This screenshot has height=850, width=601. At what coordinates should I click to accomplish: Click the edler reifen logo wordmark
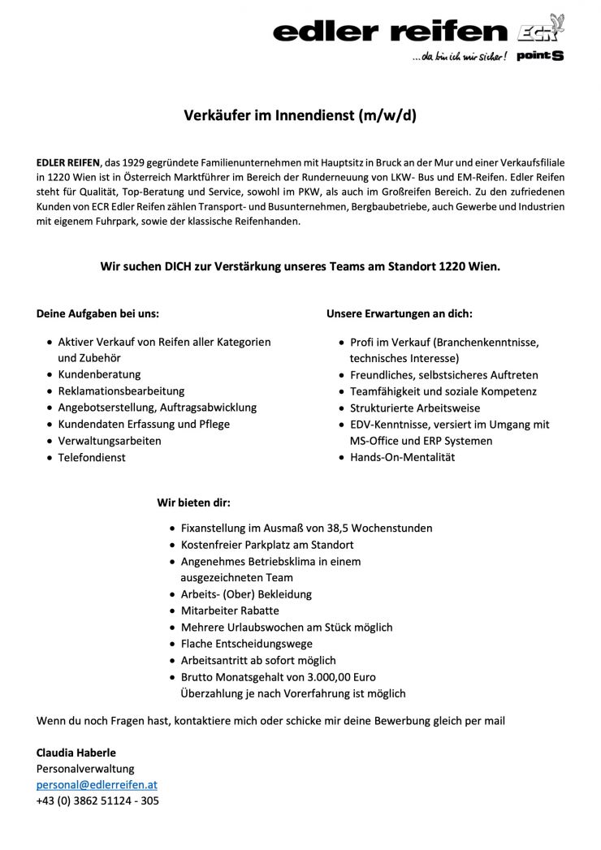(x=390, y=32)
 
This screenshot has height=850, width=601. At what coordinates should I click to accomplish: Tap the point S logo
(x=540, y=56)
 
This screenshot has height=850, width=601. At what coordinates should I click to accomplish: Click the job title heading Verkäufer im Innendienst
(x=300, y=115)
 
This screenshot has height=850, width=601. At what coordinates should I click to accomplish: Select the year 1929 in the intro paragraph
(x=141, y=162)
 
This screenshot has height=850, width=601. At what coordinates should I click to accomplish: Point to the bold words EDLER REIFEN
(x=67, y=162)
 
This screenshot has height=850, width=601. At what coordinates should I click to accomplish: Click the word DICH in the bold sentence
(x=182, y=265)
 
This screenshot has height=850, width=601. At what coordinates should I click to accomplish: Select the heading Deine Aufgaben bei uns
(x=98, y=313)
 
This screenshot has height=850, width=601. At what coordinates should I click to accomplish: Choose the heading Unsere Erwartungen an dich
(x=399, y=313)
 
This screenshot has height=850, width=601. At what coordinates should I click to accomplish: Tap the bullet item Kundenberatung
(x=99, y=374)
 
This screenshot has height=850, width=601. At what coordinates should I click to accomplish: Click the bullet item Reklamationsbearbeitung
(x=121, y=391)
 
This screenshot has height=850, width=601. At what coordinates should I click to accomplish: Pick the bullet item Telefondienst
(x=92, y=457)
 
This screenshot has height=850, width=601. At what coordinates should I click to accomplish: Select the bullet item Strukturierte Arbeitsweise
(x=415, y=408)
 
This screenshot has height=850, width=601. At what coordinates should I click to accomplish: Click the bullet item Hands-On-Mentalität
(x=402, y=457)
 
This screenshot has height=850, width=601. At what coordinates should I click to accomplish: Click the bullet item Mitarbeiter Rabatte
(x=230, y=611)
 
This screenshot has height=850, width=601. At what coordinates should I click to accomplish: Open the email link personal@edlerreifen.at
(x=97, y=785)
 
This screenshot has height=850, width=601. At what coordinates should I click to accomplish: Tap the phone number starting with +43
(x=97, y=801)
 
